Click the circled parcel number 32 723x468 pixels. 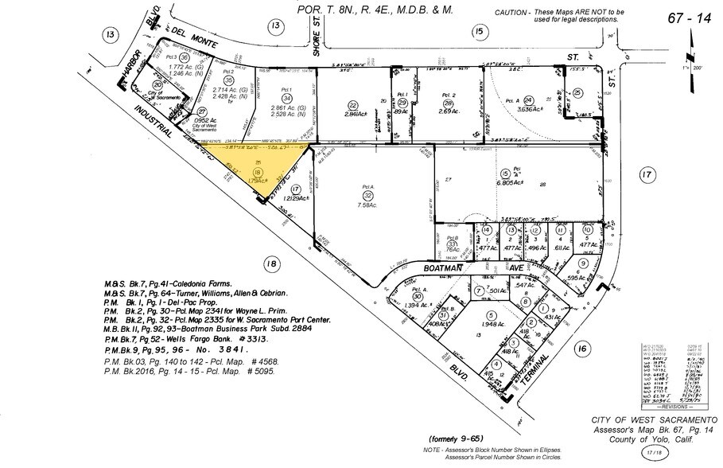367,195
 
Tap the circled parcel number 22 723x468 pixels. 352,105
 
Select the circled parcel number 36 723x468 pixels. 184,57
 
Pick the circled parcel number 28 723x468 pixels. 449,103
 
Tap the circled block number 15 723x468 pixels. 478,31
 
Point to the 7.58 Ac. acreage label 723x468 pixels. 367,205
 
